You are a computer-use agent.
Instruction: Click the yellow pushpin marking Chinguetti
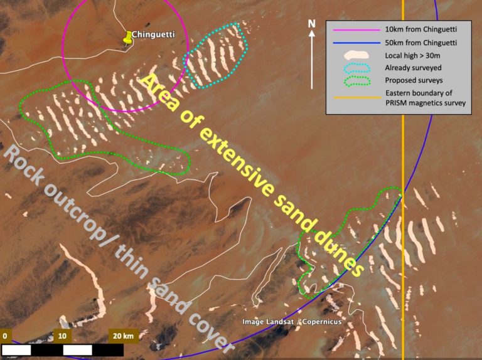[127, 38]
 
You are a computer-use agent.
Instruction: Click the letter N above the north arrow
[311, 24]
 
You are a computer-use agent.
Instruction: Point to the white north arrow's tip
[312, 33]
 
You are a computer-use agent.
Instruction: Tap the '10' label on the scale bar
[62, 336]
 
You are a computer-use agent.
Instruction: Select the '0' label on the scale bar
[4, 336]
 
